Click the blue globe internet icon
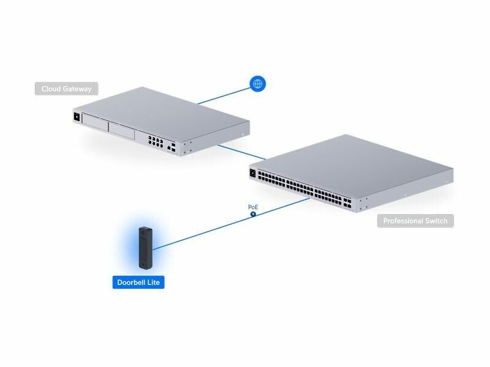pos(258,84)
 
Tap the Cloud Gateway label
pos(66,89)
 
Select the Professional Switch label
pos(415,221)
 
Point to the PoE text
pos(253,207)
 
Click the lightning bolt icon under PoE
pos(253,214)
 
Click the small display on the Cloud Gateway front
pos(77,116)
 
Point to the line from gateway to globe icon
pos(224,95)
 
